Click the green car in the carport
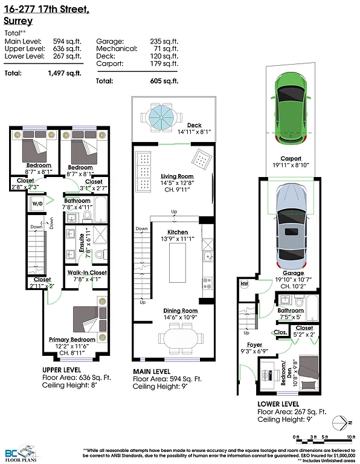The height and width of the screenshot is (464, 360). coord(291,107)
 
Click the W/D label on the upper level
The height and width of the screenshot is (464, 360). coord(37,204)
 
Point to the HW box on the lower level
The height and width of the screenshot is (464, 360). coord(245,284)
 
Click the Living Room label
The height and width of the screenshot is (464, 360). coord(177,176)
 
